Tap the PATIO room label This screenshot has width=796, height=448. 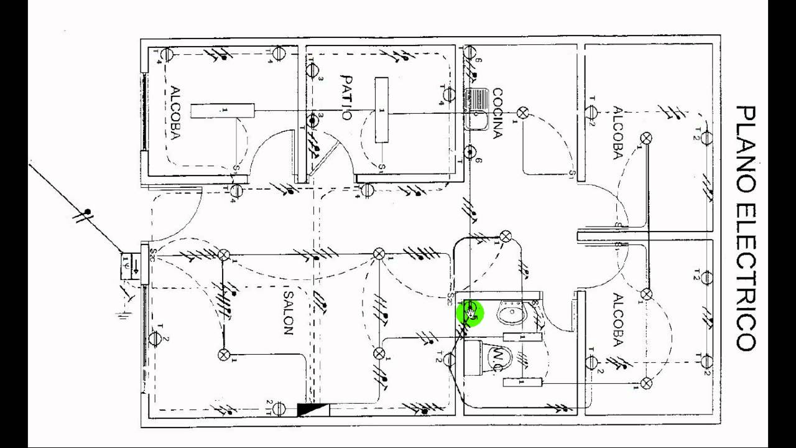[347, 98]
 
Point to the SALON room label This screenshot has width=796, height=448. [287, 310]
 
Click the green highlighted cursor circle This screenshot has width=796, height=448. [470, 312]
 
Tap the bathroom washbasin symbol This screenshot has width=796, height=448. [512, 312]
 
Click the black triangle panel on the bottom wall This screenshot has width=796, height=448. [313, 409]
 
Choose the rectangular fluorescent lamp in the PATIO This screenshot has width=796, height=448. [381, 110]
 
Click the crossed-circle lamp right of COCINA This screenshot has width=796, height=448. [523, 113]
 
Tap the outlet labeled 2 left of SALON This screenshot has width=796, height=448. [155, 339]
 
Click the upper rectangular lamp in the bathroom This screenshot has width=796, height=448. [522, 337]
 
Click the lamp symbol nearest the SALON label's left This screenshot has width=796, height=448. [224, 355]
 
